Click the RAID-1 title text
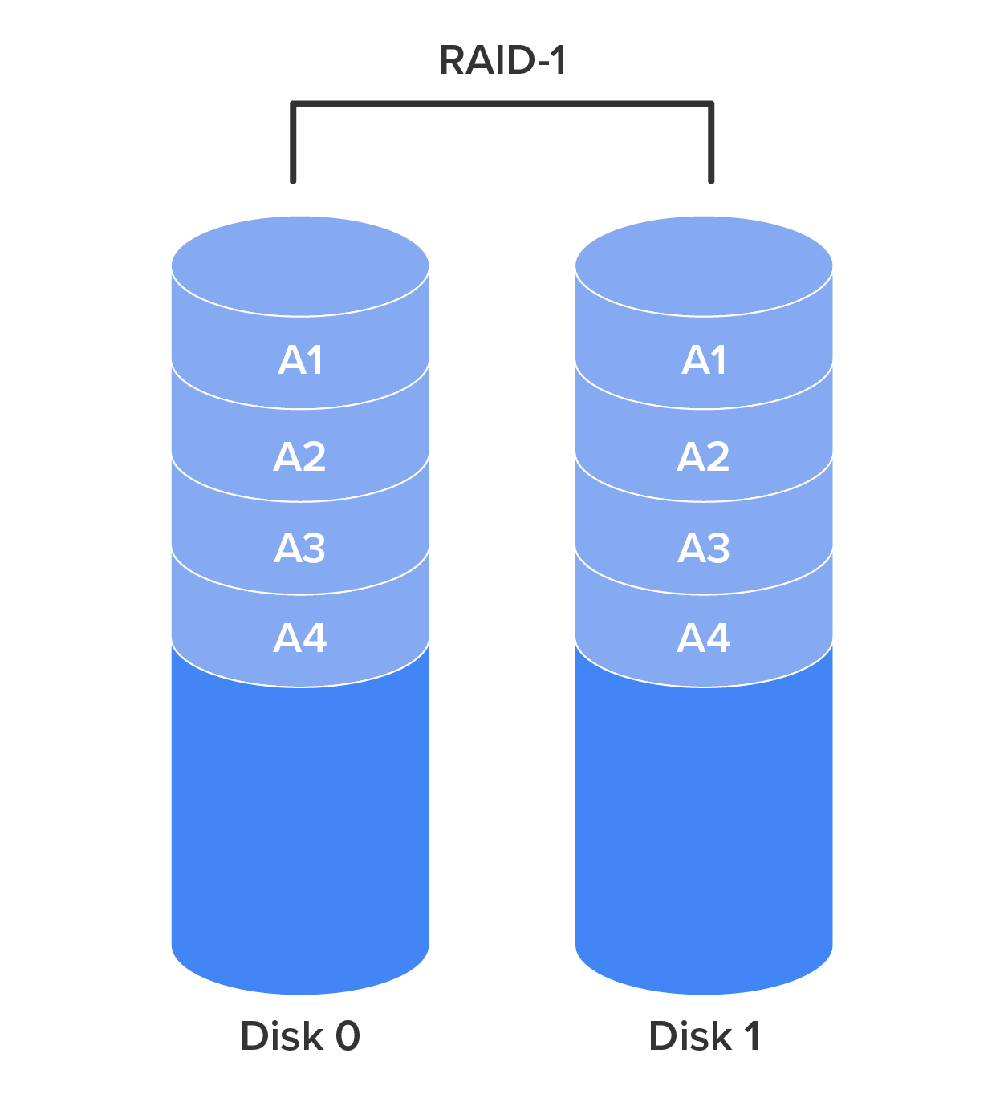click(502, 60)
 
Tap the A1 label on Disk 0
click(301, 360)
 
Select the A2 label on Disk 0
click(300, 457)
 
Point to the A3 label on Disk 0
click(300, 549)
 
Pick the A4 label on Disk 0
click(300, 639)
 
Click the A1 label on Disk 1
click(705, 360)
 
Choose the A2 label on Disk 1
click(704, 457)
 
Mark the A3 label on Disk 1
click(704, 549)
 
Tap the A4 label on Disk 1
click(704, 639)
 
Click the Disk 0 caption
click(300, 1035)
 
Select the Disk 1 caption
click(704, 1035)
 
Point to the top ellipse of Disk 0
click(300, 265)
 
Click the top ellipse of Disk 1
click(704, 265)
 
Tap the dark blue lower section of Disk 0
click(300, 826)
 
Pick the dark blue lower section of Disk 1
click(704, 826)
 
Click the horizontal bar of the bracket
click(502, 103)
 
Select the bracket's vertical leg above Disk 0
click(294, 144)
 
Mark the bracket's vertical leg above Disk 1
click(711, 144)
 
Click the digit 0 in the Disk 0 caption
click(348, 1035)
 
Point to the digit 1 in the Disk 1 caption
click(751, 1035)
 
